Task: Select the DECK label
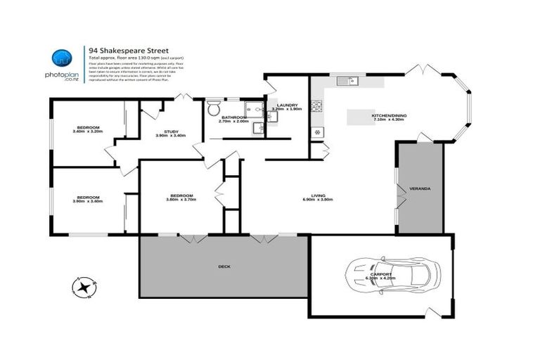[x=224, y=267]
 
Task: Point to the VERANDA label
[x=420, y=188]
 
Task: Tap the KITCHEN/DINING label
[x=389, y=115]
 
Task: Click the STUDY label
[x=170, y=131]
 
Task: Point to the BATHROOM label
[x=233, y=117]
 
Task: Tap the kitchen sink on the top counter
[x=346, y=82]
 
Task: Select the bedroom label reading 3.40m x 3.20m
[x=87, y=131]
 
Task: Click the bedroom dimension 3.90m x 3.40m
[x=87, y=201]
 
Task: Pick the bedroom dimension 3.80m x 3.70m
[x=181, y=200]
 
